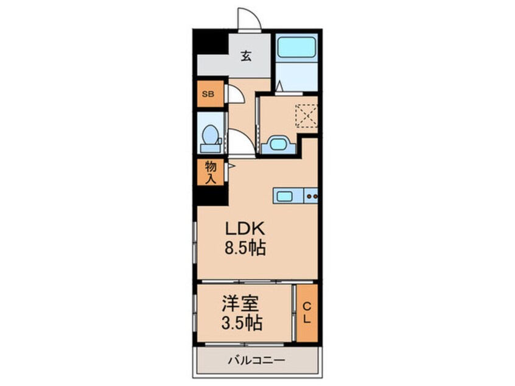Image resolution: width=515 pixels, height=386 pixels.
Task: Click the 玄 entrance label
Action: click(246, 57)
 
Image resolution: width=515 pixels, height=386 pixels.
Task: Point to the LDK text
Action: click(245, 230)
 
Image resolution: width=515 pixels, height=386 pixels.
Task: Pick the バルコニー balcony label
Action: click(257, 359)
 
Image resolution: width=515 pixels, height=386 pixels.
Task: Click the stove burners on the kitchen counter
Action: click(311, 196)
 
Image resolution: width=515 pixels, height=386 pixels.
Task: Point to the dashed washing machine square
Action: click(306, 116)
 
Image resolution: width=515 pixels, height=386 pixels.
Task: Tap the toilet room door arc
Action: click(239, 142)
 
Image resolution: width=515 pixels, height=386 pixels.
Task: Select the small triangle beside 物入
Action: click(231, 165)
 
